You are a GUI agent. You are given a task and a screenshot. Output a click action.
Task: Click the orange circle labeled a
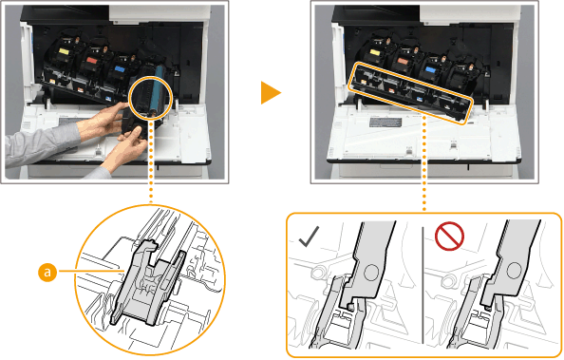(x=47, y=273)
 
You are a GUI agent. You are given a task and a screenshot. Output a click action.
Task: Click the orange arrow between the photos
(x=271, y=93)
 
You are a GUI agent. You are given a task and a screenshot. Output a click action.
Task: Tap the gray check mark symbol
(x=309, y=237)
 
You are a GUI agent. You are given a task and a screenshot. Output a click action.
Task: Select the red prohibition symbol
(x=449, y=237)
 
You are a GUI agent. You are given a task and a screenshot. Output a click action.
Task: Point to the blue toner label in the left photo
(x=120, y=68)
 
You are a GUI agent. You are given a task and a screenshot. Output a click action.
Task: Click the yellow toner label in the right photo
(x=375, y=53)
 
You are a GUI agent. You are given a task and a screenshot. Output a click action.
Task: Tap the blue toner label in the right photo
(x=430, y=69)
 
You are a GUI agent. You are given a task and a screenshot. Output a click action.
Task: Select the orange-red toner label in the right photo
(x=403, y=61)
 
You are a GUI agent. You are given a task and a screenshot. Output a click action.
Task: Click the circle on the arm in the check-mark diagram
(x=370, y=273)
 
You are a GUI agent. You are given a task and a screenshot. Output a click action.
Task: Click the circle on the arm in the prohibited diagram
(x=515, y=269)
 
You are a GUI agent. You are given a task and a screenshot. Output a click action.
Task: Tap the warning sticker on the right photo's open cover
(x=385, y=123)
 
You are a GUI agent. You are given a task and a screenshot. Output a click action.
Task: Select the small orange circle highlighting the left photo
(x=151, y=97)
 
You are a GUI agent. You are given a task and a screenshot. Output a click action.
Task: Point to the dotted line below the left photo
(x=151, y=162)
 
